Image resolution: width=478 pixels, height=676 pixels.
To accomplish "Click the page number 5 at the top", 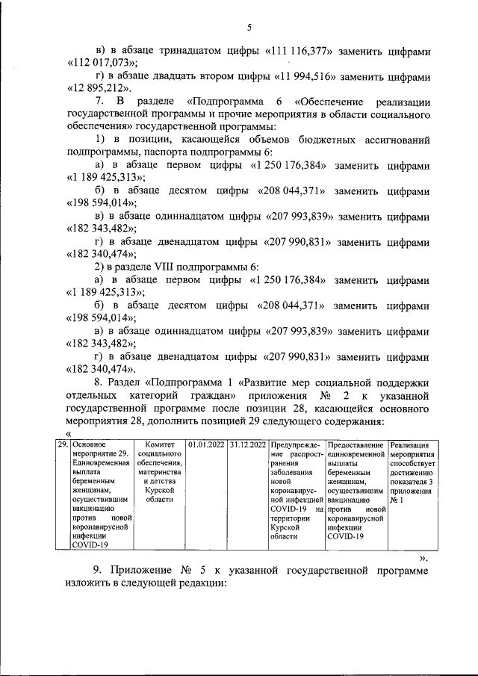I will click(x=249, y=28).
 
